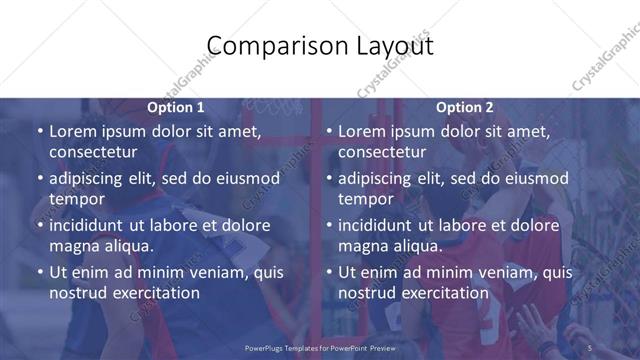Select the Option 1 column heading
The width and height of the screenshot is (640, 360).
click(x=176, y=107)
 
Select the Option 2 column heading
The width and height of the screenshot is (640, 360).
click(x=465, y=107)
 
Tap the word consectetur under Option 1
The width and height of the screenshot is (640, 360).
click(x=93, y=152)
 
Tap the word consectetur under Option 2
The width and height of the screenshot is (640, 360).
click(x=382, y=152)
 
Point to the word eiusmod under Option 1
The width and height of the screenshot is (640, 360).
click(x=245, y=179)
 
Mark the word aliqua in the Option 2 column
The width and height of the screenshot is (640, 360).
click(x=415, y=246)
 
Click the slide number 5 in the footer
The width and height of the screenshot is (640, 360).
click(x=590, y=347)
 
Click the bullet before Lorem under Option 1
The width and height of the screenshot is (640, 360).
click(x=39, y=132)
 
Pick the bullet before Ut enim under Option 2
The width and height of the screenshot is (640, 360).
click(x=328, y=273)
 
